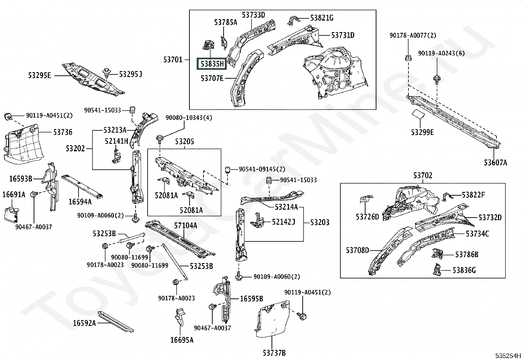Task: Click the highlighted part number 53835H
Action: pyautogui.click(x=212, y=64)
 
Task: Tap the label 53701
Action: pyautogui.click(x=173, y=60)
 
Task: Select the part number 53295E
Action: pyautogui.click(x=40, y=75)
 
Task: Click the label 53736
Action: pyautogui.click(x=63, y=132)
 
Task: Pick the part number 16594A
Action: pyautogui.click(x=80, y=202)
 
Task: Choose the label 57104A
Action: pyautogui.click(x=186, y=225)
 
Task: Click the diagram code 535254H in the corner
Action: pyautogui.click(x=508, y=356)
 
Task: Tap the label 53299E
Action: pyautogui.click(x=422, y=132)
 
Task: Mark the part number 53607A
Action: pyautogui.click(x=495, y=162)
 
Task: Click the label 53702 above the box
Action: pyautogui.click(x=422, y=175)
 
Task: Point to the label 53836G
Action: pyautogui.click(x=464, y=270)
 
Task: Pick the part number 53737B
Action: pyautogui.click(x=274, y=353)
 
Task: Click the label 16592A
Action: pyautogui.click(x=84, y=323)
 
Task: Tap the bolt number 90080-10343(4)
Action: pyautogui.click(x=189, y=118)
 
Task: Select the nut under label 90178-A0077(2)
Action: pyautogui.click(x=408, y=58)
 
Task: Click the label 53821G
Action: pyautogui.click(x=322, y=18)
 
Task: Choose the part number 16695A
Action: pyautogui.click(x=182, y=340)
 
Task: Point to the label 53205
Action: pyautogui.click(x=185, y=142)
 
